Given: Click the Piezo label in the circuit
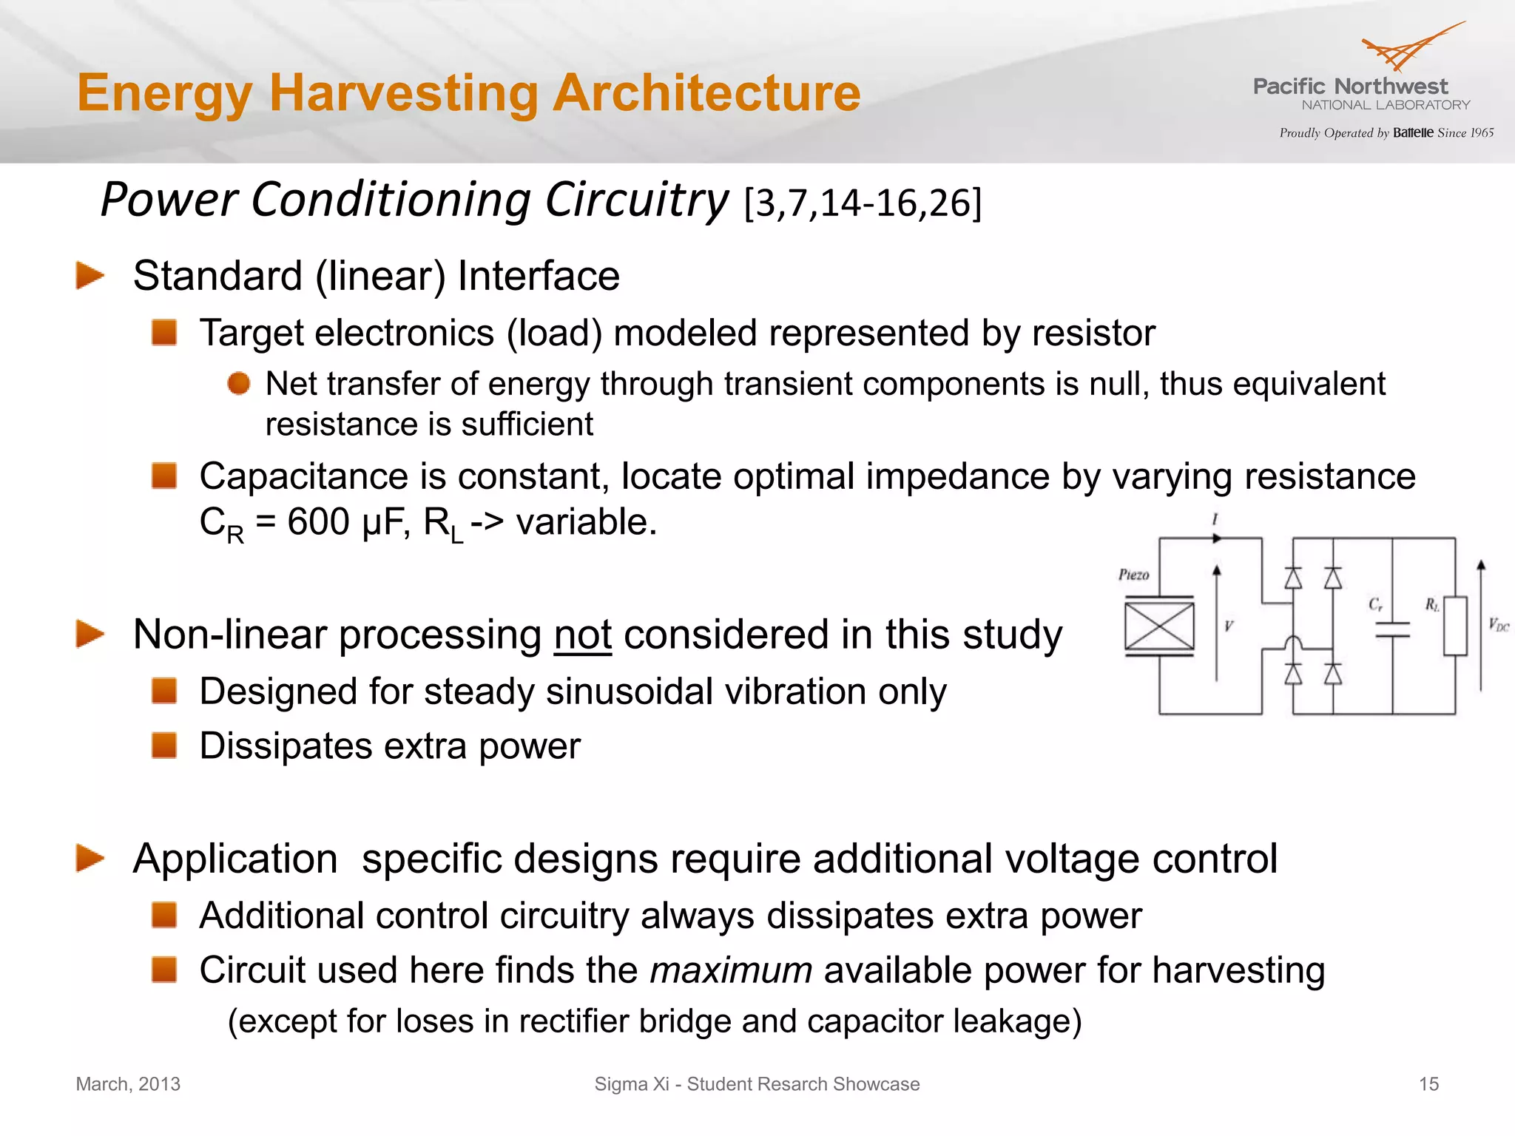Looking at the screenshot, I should pos(1133,575).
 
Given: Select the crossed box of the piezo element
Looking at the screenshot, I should pos(1159,626).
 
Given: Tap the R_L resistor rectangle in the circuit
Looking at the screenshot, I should pos(1455,626).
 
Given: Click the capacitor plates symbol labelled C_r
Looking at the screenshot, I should pos(1392,629).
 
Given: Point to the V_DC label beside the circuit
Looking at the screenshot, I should pos(1499,625).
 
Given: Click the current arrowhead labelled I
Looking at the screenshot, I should pos(1216,538).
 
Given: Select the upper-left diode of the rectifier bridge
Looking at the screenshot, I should pos(1293,578).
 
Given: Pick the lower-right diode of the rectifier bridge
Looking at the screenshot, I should pos(1333,674).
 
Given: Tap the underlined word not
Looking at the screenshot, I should pos(583,635).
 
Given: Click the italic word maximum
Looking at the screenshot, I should pos(731,970).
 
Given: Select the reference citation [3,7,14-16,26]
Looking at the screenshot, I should pos(863,203).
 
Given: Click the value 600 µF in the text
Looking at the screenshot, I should pos(345,522).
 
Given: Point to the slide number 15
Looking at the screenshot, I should pos(1428,1084).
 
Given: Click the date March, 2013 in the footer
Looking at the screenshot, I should pos(128,1084).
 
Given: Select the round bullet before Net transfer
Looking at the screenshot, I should pos(238,384).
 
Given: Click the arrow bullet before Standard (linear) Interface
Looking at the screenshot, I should pos(90,276).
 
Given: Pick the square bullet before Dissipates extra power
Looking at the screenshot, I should pos(164,745).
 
